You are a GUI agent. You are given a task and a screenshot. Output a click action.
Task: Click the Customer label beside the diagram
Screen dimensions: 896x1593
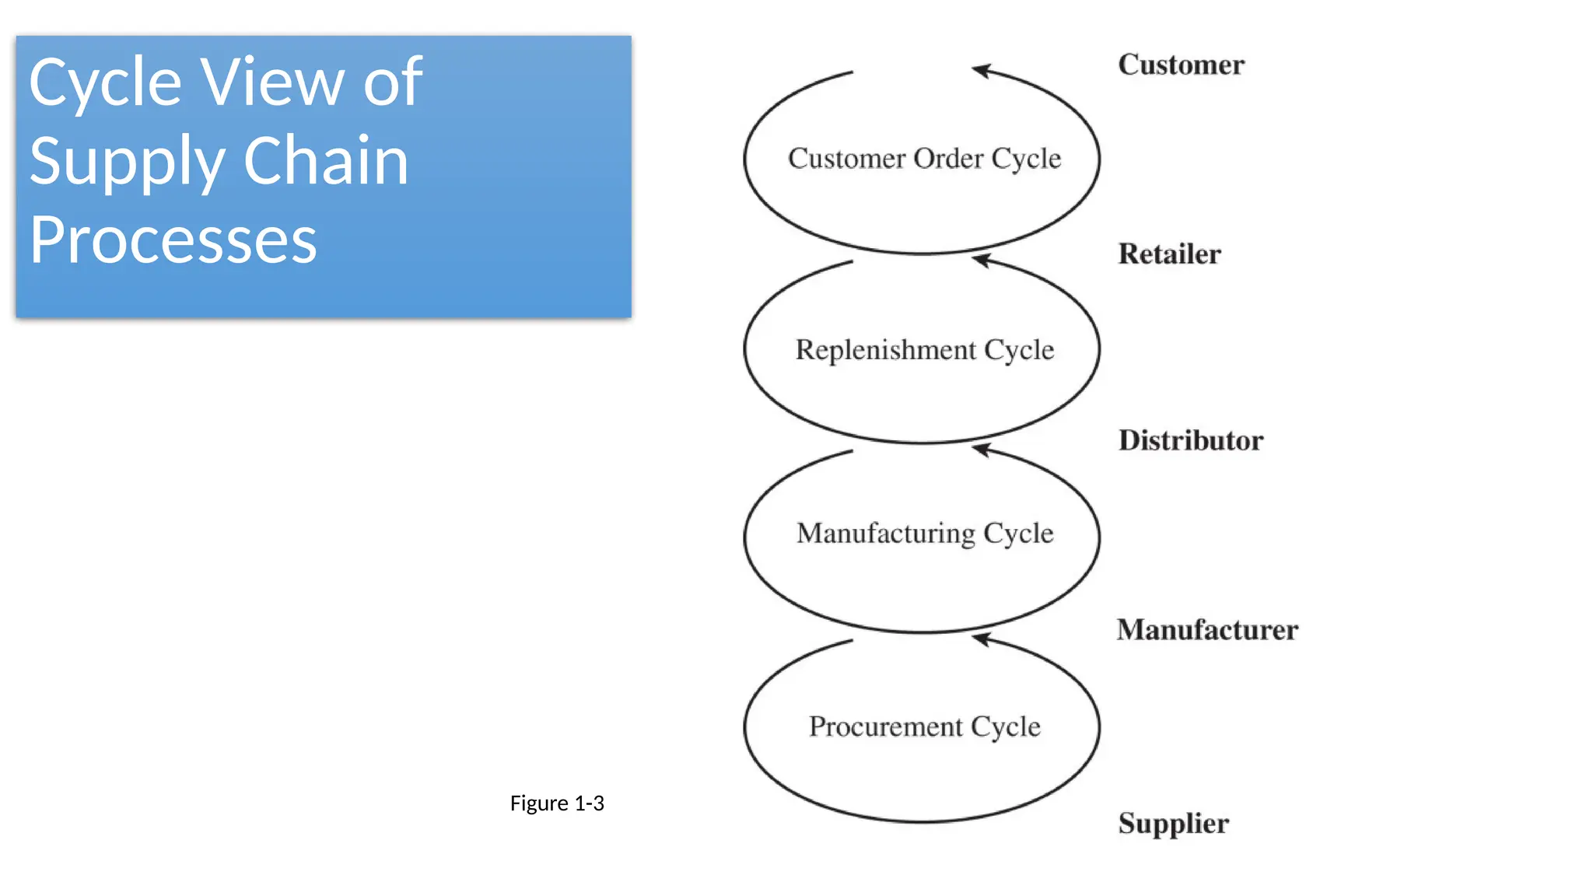pos(1181,65)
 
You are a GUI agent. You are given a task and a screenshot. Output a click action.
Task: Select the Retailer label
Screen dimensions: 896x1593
pos(1169,254)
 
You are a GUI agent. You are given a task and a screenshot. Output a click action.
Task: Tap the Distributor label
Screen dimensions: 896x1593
pos(1190,441)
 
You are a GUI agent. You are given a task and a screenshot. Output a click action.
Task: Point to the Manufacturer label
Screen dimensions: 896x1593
pos(1207,630)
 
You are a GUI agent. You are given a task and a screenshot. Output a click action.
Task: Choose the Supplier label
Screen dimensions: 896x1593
pos(1173,824)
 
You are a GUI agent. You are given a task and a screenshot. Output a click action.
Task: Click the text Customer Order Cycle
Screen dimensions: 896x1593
pos(924,159)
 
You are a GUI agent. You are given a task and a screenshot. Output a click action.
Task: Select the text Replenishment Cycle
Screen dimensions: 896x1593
pos(924,350)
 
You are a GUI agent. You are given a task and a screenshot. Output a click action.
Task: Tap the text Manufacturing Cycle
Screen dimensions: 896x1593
pos(924,534)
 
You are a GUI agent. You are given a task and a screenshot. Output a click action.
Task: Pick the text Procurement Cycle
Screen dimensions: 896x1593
pos(924,726)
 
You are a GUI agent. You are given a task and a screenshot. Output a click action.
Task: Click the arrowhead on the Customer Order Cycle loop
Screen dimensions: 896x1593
pos(982,71)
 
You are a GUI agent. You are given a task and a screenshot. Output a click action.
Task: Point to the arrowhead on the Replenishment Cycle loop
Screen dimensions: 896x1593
pos(982,261)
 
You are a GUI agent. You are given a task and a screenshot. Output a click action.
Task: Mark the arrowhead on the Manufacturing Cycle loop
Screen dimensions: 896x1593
pos(982,450)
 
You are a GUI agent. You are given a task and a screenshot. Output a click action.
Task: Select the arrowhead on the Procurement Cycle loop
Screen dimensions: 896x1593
pos(982,639)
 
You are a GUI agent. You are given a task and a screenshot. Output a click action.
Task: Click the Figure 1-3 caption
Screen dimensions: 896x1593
pos(557,803)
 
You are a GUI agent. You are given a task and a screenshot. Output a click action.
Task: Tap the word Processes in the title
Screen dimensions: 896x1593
pos(173,240)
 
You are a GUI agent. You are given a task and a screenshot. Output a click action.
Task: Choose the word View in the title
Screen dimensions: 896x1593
pos(271,82)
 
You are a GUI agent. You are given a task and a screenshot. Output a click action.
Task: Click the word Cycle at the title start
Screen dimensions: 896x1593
pos(105,83)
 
